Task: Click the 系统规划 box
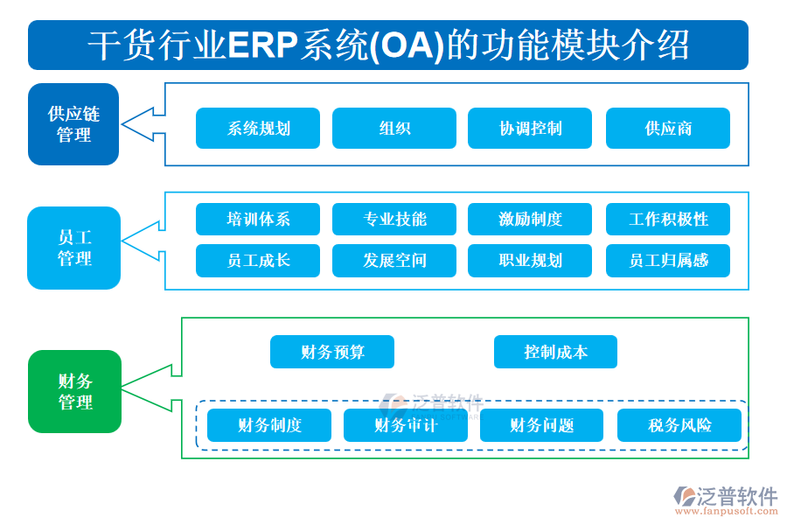(258, 128)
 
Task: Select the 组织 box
(394, 128)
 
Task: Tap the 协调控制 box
(530, 128)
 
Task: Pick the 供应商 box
(667, 128)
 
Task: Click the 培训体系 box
(258, 219)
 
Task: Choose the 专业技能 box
(394, 219)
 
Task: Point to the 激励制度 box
(530, 219)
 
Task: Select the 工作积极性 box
(667, 219)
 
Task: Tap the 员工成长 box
(258, 260)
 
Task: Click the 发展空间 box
(394, 260)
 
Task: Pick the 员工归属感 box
(667, 260)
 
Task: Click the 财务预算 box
(332, 352)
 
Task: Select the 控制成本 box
(555, 352)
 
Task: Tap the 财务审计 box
(405, 425)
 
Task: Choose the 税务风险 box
(679, 425)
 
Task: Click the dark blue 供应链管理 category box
(73, 124)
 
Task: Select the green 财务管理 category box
(74, 391)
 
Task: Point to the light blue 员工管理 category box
(74, 248)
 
